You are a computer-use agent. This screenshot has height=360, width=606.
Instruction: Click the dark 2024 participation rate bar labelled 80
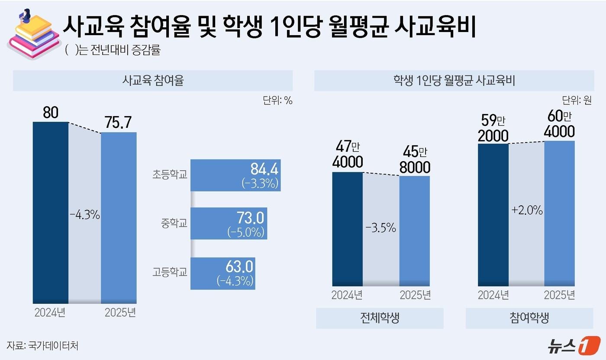coord(51,212)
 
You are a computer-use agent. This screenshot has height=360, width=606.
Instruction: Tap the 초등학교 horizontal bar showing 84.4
coord(235,175)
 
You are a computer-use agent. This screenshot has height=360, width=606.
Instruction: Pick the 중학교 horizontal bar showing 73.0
coord(229,224)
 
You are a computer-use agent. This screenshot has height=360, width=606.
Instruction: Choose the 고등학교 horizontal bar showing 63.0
coord(222,273)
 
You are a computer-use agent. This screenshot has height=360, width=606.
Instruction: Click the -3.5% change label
coord(381,228)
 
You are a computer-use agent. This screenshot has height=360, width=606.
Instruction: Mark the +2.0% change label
coord(527,211)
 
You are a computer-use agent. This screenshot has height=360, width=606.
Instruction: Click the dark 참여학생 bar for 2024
coord(493,214)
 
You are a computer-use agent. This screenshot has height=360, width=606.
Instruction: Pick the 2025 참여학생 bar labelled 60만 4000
coord(559,213)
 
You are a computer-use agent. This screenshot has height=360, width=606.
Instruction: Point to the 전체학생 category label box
coord(380,318)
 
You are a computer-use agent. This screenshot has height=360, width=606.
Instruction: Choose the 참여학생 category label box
coord(529,318)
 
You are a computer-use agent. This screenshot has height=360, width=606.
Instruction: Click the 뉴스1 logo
coord(574,345)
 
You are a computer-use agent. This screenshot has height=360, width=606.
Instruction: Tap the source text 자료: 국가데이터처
coord(42,346)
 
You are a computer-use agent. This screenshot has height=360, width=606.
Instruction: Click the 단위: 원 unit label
coord(577,101)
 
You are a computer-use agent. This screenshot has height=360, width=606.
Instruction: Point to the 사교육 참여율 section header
coord(153,81)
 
